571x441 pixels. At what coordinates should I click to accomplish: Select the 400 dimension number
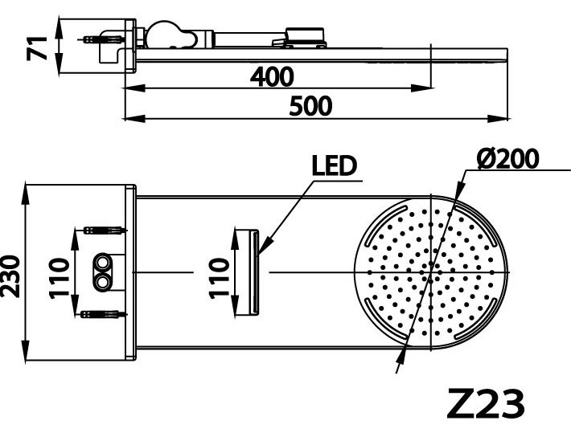272,77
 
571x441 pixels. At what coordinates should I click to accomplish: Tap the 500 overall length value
310,105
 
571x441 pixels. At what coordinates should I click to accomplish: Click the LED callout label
334,166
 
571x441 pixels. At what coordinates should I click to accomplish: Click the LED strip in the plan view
254,273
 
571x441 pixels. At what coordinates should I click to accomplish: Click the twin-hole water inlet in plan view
105,273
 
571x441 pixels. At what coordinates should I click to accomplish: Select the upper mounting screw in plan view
102,231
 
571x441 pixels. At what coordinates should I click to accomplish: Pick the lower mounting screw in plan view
102,313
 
